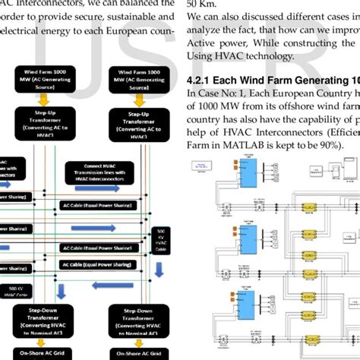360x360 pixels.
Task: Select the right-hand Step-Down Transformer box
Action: pos(135,320)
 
